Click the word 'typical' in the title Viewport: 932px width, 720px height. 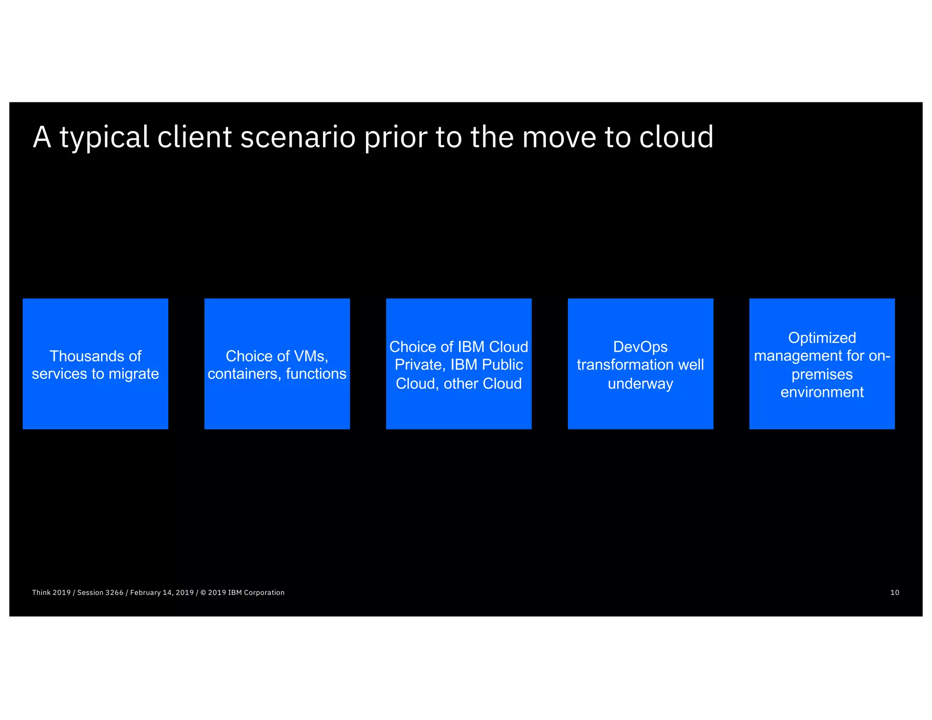pos(104,138)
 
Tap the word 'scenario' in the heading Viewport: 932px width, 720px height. pos(298,137)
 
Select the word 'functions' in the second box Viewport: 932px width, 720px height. pos(316,374)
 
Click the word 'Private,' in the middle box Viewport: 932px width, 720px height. pos(420,365)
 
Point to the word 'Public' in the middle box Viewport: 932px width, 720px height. pos(502,365)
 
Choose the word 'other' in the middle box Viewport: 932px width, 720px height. pos(461,384)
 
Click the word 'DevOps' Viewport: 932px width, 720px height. pos(640,347)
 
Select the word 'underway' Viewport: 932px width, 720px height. pos(640,384)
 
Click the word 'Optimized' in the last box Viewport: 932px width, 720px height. pos(821,338)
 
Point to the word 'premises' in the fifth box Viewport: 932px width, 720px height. pos(821,375)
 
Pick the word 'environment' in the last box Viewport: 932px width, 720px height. pos(821,392)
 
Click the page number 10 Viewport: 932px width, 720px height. pos(894,593)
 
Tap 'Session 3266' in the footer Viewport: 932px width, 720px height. pos(100,593)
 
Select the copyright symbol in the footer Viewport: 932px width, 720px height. pos(203,593)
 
